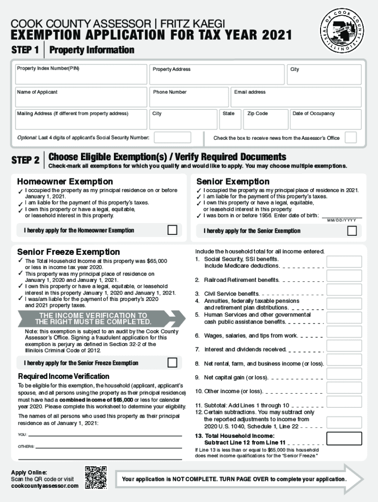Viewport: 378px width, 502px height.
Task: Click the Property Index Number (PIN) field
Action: tap(81, 75)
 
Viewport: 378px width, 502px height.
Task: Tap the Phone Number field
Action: tap(189, 97)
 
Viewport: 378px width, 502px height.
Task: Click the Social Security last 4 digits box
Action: tap(173, 138)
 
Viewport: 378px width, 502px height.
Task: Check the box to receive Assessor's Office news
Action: tap(351, 137)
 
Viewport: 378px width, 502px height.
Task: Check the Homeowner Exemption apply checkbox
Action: tap(172, 230)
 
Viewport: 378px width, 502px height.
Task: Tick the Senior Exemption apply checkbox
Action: tap(351, 230)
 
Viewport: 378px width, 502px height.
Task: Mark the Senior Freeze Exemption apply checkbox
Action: tap(172, 363)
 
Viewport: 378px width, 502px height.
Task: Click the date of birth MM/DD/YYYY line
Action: tap(342, 216)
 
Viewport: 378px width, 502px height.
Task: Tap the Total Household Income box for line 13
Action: tap(344, 438)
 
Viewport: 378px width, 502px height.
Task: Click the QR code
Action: tap(96, 477)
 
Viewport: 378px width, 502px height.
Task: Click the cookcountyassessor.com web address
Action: tap(45, 486)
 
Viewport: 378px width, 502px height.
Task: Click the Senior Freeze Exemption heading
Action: tap(68, 252)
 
